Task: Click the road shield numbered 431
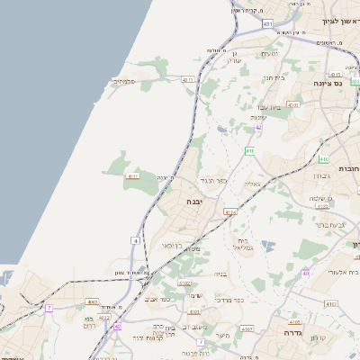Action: (268, 22)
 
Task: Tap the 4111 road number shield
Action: (133, 176)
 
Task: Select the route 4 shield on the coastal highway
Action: (135, 240)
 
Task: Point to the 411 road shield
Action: (249, 151)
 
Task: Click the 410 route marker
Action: (322, 160)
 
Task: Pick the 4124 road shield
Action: (230, 212)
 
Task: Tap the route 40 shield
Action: (306, 273)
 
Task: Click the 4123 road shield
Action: (104, 317)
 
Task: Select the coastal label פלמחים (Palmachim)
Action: (123, 82)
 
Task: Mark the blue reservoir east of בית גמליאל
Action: (266, 243)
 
